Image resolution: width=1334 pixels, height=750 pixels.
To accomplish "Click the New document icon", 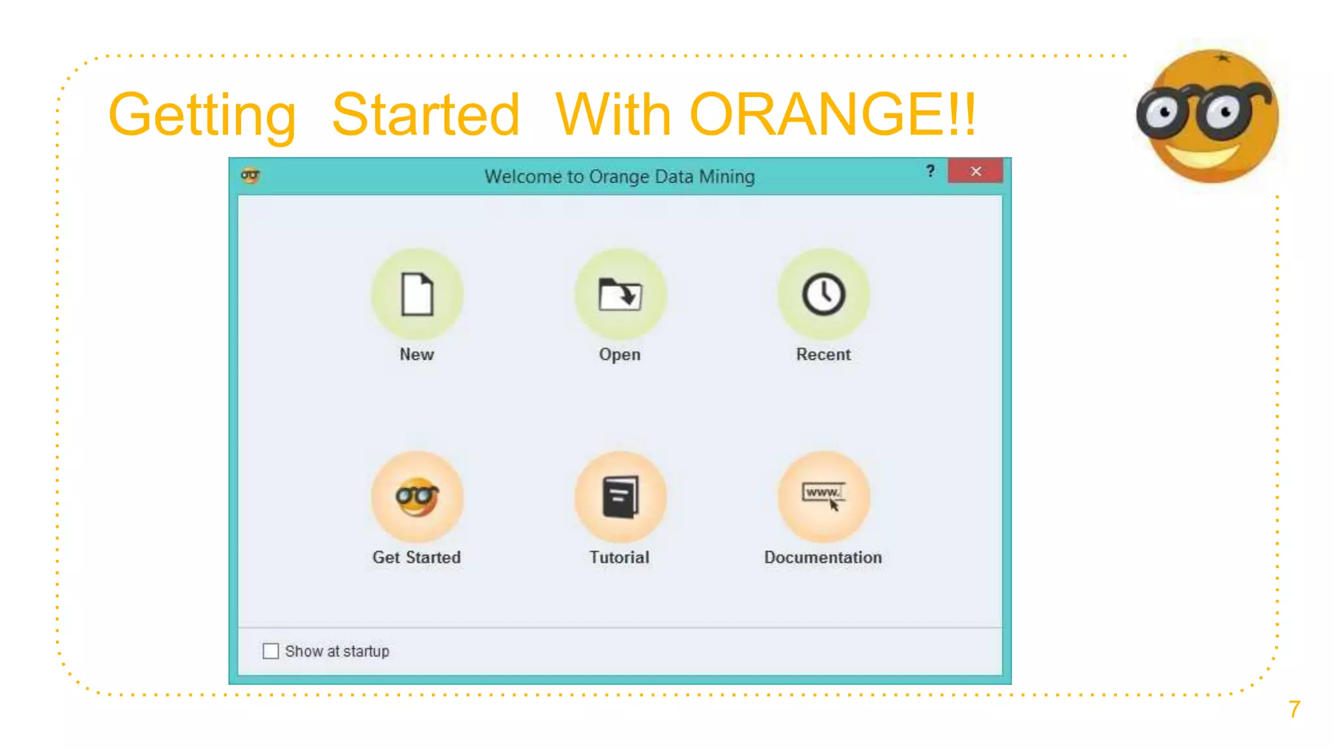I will (x=417, y=294).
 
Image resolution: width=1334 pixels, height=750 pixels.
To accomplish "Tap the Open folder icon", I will (x=620, y=294).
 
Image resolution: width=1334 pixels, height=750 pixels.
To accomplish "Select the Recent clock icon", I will (x=823, y=294).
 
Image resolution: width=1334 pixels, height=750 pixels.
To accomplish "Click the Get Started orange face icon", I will (x=417, y=497).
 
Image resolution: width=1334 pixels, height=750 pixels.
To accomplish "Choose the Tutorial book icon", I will (x=620, y=497).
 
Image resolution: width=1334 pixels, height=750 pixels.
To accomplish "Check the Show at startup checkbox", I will (x=270, y=651).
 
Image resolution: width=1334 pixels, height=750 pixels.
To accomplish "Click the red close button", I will (x=975, y=171).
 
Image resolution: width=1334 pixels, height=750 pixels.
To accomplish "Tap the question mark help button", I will (x=930, y=171).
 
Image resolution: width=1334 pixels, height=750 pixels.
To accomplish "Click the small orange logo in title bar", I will (x=250, y=175).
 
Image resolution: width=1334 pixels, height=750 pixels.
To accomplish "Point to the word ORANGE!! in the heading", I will (x=832, y=115).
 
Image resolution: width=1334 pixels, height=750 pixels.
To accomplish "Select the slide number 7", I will (x=1294, y=709).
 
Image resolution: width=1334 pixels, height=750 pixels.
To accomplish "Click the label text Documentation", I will (x=823, y=557).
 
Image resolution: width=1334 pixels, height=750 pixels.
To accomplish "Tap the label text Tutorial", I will (x=619, y=557).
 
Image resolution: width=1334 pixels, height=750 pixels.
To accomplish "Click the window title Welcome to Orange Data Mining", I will (x=619, y=176).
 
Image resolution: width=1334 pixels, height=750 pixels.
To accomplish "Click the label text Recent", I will (x=823, y=354).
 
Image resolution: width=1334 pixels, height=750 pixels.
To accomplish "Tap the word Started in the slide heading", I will (x=425, y=115).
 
